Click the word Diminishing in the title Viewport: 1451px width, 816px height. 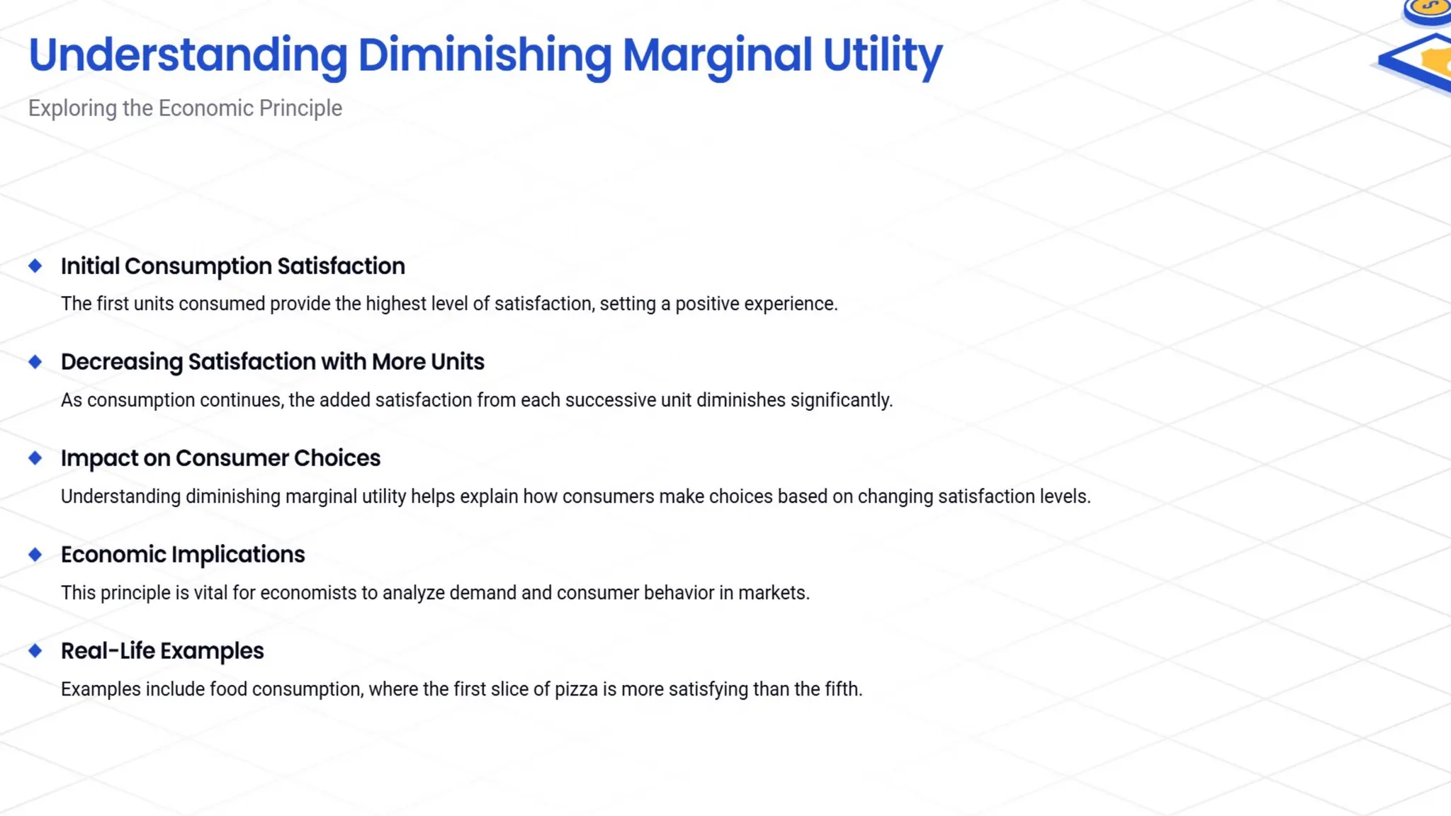485,55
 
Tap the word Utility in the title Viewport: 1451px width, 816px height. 882,55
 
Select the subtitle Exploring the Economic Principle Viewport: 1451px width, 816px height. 185,108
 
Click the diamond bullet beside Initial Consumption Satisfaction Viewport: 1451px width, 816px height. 35,266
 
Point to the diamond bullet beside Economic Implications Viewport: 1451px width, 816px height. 35,555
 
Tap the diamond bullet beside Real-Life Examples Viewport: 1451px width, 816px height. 35,651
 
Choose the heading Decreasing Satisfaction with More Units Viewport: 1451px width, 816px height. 272,362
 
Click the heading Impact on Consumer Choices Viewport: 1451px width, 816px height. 220,458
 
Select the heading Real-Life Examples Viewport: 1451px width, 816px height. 162,651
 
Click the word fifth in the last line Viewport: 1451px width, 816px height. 843,689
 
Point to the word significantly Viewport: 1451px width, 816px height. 841,400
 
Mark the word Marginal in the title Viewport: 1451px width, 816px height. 717,55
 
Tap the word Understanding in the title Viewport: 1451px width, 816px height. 188,55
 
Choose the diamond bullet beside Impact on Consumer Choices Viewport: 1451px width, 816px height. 35,458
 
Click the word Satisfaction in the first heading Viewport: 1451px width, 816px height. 341,266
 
